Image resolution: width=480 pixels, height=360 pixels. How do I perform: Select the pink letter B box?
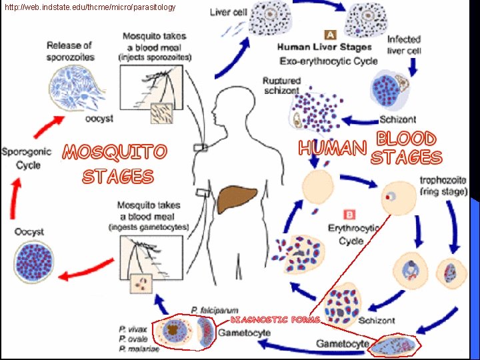349,215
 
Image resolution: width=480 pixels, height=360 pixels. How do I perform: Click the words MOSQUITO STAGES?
115,164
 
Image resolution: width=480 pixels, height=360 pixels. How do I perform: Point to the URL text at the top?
90,7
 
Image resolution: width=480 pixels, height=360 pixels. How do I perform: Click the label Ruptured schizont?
281,85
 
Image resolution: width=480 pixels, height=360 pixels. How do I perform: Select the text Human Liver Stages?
324,47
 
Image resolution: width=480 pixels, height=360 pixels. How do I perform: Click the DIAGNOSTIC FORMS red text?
275,319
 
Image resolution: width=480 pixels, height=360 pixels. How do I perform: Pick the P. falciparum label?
211,309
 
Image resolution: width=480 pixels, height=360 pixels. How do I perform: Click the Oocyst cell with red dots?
35,261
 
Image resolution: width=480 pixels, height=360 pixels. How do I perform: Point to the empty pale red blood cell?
318,187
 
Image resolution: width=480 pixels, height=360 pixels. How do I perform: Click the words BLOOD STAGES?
406,148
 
